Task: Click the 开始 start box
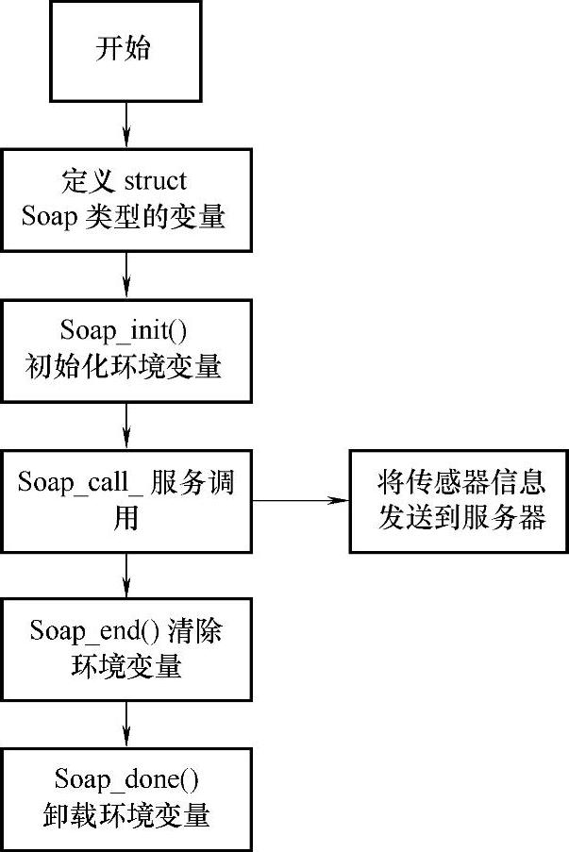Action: point(125,50)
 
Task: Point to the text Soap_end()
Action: point(86,630)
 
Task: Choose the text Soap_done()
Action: point(126,779)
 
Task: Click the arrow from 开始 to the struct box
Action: point(126,124)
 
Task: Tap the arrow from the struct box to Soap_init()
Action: point(126,275)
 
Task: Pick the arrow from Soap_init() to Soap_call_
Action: point(126,426)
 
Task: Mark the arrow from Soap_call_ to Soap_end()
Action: point(126,574)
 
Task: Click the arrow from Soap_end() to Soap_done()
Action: point(126,724)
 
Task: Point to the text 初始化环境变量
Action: point(126,366)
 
